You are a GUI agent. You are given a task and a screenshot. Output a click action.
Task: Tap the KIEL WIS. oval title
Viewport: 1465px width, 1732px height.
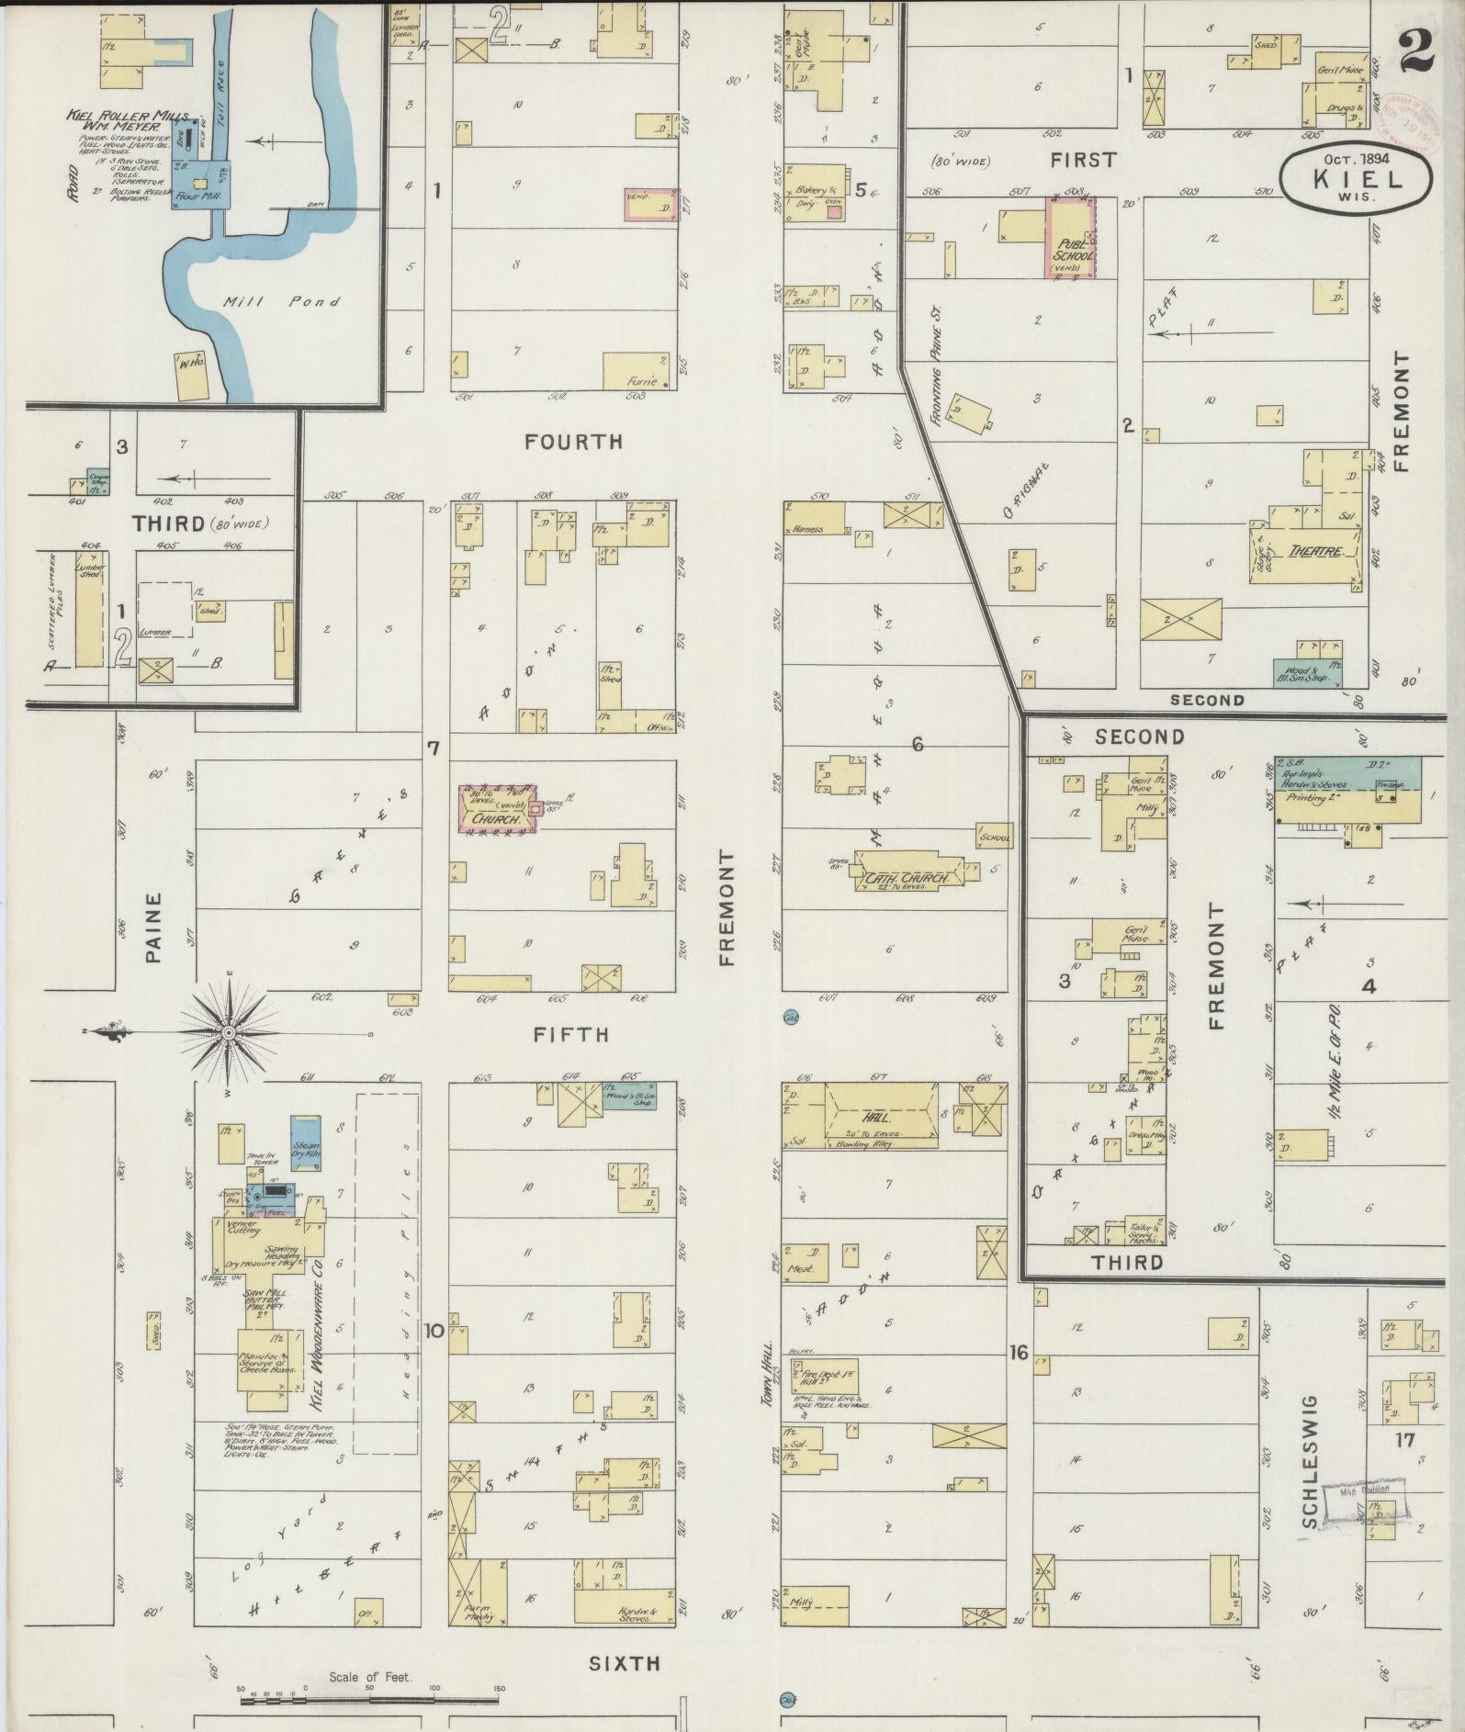pos(1357,177)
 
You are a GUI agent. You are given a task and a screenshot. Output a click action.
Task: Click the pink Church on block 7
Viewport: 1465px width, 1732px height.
pos(497,809)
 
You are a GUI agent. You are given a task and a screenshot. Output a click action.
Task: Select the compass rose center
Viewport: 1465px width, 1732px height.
pos(227,1033)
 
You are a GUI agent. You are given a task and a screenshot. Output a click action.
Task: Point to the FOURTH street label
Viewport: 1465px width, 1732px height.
pos(573,442)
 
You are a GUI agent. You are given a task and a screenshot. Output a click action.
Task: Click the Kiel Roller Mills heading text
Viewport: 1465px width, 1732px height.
pos(128,119)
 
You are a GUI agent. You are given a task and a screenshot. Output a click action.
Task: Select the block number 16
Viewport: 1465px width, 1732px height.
pos(1017,1352)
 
